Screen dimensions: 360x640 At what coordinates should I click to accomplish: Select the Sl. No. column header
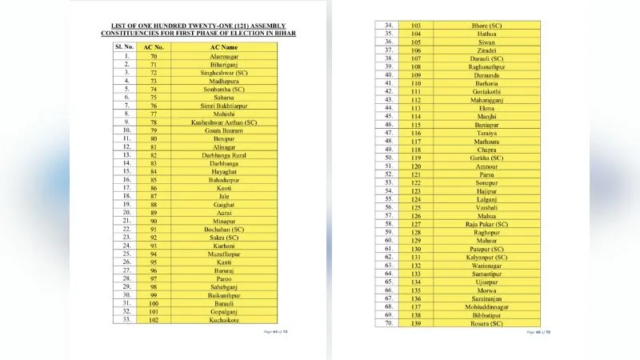[124, 48]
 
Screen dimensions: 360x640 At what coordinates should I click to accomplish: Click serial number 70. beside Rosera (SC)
[387, 323]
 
